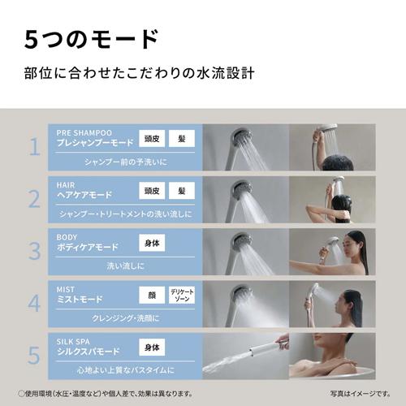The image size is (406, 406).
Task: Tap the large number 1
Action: click(x=34, y=146)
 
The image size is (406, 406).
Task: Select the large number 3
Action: click(x=34, y=249)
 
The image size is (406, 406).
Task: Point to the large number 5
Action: click(x=34, y=354)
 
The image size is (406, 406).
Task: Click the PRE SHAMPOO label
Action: click(x=84, y=132)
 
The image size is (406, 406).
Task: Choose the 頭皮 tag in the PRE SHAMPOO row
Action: click(x=151, y=138)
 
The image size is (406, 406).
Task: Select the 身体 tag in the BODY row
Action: click(x=151, y=243)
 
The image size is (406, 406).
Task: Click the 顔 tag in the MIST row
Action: click(x=151, y=295)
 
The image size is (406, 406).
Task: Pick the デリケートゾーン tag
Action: click(x=182, y=295)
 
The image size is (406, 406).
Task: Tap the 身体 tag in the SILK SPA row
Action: click(x=151, y=347)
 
